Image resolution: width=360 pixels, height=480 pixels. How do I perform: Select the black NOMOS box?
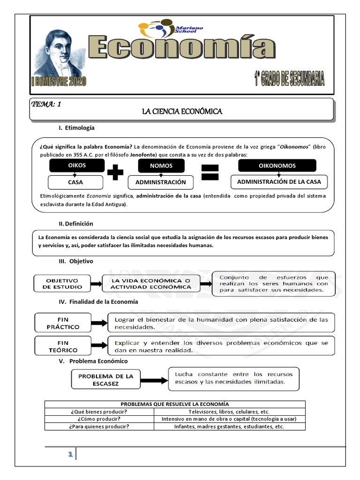161,166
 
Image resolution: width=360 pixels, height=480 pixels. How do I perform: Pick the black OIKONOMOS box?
277,166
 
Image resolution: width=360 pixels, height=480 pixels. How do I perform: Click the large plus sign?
115,174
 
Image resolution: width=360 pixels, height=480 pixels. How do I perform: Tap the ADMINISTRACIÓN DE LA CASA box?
279,182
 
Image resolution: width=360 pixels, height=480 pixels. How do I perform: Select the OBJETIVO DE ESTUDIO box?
64,284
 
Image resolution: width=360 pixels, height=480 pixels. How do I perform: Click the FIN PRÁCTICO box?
62,323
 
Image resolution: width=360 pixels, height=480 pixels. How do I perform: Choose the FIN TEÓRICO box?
62,346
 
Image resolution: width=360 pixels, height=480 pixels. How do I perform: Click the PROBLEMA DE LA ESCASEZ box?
105,380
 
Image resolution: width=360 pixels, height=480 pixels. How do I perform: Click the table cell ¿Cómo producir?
99,419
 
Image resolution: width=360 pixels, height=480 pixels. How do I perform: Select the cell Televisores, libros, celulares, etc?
229,412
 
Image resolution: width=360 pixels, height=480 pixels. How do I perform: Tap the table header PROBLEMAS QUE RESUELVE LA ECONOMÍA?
175,404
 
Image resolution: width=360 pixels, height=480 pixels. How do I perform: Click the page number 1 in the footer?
70,455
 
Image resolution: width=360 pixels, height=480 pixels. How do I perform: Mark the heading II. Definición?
76,224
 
